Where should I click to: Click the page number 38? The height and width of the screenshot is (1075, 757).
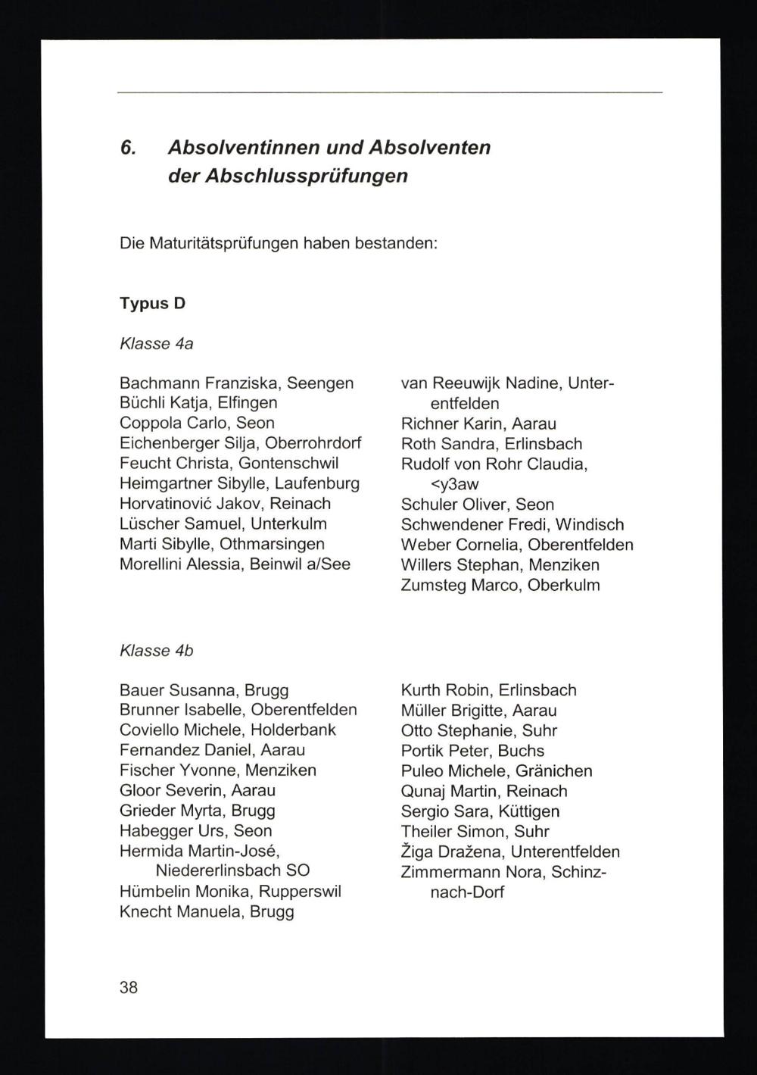[129, 987]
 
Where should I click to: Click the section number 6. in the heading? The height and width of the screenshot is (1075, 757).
[128, 147]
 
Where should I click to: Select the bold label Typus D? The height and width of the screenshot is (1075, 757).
[152, 303]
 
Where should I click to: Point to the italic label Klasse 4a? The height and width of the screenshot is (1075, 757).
[157, 344]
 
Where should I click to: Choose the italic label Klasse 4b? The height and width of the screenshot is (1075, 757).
[157, 650]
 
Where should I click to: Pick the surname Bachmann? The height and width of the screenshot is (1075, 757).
[160, 383]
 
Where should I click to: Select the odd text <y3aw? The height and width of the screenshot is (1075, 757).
[454, 484]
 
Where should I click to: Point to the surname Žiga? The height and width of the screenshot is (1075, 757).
[418, 852]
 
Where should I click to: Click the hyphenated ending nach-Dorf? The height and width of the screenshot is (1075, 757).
[467, 892]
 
